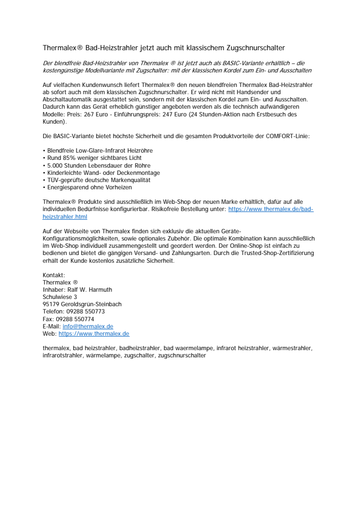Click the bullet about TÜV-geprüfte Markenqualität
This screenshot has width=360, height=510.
coord(98,180)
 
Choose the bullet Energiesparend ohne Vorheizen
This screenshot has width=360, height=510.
coord(89,187)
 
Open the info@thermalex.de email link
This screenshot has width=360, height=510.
coord(88,326)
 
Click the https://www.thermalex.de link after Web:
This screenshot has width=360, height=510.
coord(94,334)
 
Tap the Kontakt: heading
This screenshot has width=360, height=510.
coord(54,275)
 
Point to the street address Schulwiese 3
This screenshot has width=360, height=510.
coord(60,297)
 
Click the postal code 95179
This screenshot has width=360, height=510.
coord(51,304)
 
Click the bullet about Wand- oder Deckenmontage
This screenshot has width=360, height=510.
coord(103,172)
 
